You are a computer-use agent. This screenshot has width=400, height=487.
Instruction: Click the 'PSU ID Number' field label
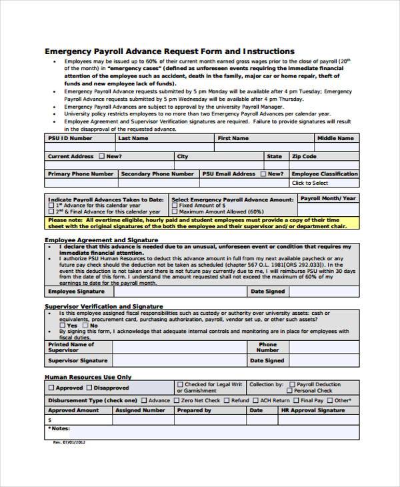(70, 138)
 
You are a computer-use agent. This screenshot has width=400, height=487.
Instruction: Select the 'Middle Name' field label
(335, 138)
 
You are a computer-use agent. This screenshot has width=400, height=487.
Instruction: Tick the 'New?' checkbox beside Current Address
(101, 157)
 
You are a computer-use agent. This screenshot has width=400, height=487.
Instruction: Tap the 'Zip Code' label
(304, 156)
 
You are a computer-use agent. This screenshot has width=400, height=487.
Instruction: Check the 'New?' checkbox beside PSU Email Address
(263, 174)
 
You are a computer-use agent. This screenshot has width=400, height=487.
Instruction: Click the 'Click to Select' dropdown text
(310, 183)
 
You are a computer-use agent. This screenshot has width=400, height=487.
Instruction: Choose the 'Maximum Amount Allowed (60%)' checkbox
(175, 211)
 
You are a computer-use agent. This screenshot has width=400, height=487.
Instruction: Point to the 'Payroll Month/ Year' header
(328, 199)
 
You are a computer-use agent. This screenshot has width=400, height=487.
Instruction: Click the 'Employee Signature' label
(76, 292)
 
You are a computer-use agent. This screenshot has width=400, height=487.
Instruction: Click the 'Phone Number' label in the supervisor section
(267, 348)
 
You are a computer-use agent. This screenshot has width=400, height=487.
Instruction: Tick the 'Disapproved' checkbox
(89, 388)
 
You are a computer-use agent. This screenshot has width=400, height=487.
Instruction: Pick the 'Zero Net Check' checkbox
(176, 401)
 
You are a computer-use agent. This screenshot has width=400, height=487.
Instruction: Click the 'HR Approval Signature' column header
(322, 410)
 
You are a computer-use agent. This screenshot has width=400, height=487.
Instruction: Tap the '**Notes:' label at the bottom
(59, 428)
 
